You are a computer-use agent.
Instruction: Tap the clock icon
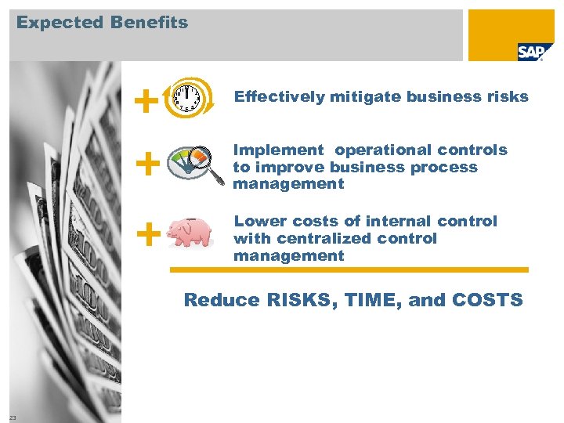pos(186,96)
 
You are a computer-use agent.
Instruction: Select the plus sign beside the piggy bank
pos(146,233)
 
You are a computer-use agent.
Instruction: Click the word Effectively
pos(279,97)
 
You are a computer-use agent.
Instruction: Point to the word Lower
pos(255,221)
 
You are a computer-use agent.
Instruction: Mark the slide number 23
pos(13,416)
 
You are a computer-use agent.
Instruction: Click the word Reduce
pos(210,299)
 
